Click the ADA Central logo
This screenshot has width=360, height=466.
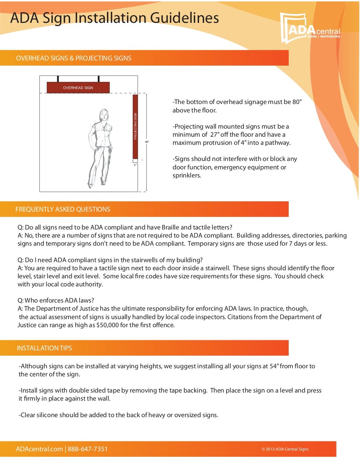point(310,28)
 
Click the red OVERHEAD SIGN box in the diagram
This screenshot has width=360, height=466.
point(78,88)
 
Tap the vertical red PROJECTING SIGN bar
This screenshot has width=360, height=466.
point(135,127)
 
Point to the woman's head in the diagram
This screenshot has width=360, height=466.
point(103,115)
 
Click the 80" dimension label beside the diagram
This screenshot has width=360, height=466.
point(147,142)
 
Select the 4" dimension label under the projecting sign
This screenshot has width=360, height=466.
point(135,165)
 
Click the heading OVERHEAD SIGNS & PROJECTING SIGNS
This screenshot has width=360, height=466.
point(73,58)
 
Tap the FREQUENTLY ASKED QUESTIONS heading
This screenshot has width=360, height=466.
point(63,209)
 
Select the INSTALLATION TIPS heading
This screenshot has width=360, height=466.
point(44,348)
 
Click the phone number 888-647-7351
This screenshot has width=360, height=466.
point(88,449)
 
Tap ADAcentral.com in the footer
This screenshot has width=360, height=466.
point(39,449)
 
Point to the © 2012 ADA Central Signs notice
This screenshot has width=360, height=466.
point(285,449)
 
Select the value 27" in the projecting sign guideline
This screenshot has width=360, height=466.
point(214,135)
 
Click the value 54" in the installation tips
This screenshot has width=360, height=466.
point(274,366)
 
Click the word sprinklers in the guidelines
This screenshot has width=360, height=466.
point(186,176)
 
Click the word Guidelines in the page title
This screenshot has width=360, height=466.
point(185,18)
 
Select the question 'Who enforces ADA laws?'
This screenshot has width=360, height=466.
point(56,300)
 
